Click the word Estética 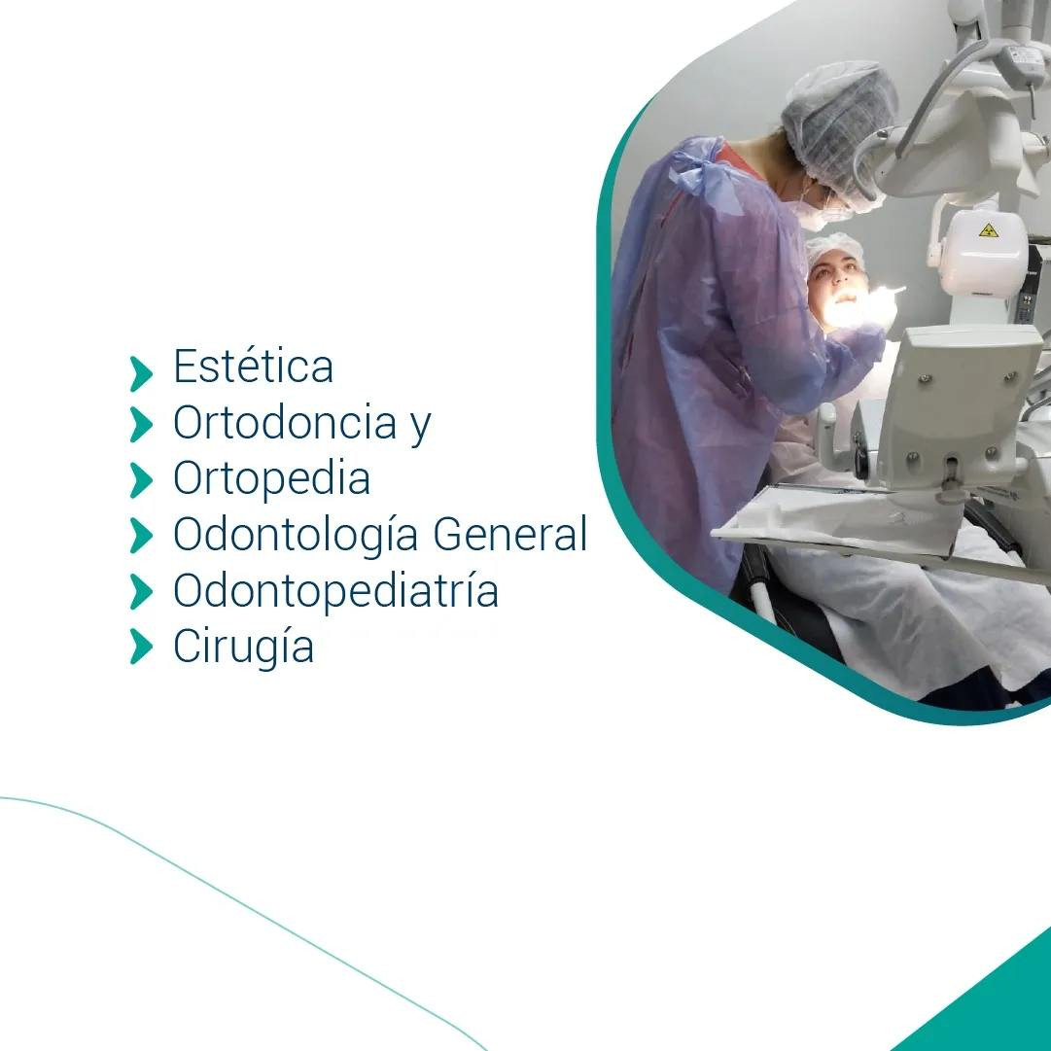pos(253,366)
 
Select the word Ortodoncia pos(285,422)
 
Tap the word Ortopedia pos(271,478)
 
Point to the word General pos(510,534)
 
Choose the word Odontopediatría pos(335,590)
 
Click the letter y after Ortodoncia pos(420,427)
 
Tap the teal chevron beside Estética pos(141,373)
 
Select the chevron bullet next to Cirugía pos(141,647)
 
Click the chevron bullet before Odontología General pos(141,535)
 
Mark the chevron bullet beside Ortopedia pos(141,480)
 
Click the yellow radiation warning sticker pos(988,230)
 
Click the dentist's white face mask pos(815,211)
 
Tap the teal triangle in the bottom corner pos(984,999)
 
